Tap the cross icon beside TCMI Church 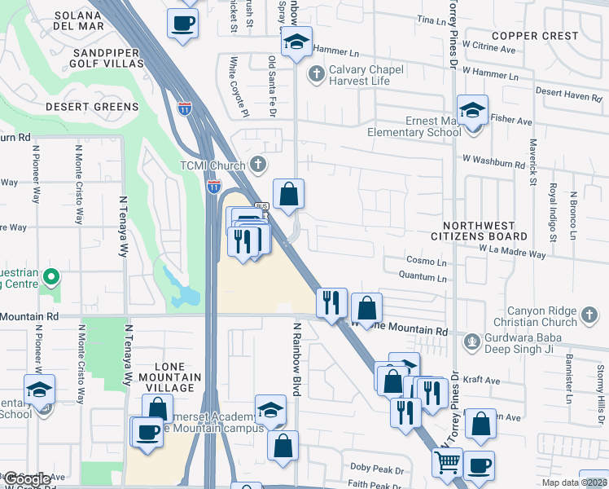[258, 165]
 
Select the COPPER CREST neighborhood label [535, 36]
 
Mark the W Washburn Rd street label [493, 164]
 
